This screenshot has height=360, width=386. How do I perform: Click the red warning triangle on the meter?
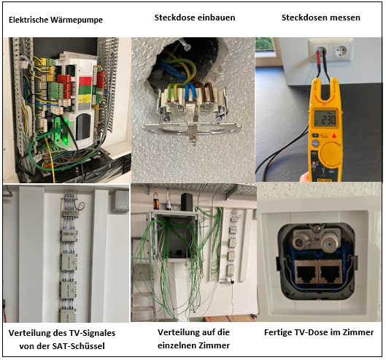(334, 136)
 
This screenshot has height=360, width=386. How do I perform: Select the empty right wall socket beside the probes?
(341, 51)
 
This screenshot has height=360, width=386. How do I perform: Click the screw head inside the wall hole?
(187, 47)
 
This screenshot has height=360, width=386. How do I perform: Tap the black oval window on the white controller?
(83, 127)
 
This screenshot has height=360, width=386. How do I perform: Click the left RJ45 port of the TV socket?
(306, 271)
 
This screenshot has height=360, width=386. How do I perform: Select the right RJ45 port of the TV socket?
(329, 271)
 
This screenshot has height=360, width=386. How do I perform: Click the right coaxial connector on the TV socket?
(328, 245)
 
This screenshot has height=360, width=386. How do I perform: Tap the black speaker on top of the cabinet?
(187, 202)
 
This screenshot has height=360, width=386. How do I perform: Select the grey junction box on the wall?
(120, 201)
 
